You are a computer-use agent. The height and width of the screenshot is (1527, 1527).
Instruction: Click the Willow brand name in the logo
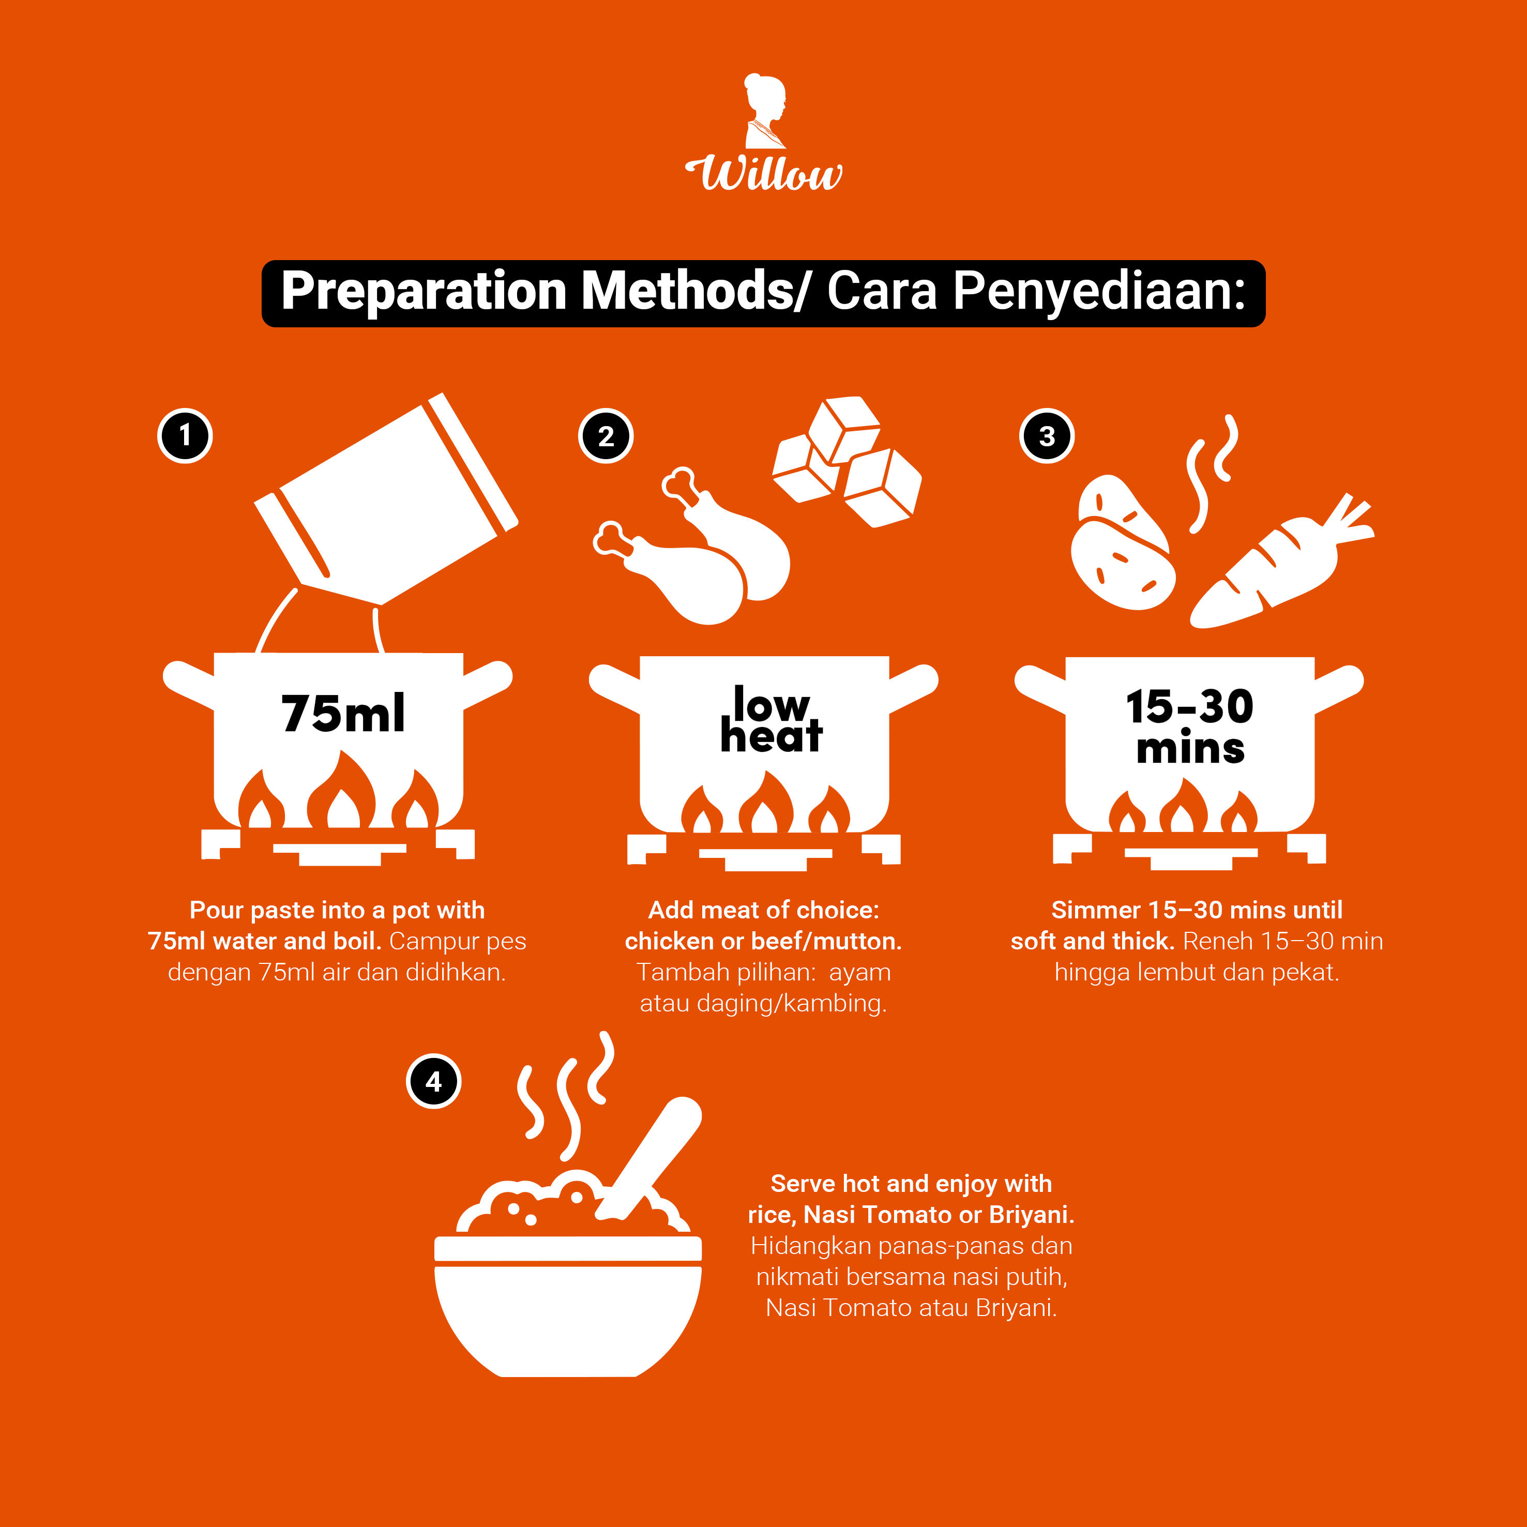point(763,173)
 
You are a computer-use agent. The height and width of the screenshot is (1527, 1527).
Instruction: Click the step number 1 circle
point(185,435)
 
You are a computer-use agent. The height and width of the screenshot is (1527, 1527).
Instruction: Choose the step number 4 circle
point(433,1081)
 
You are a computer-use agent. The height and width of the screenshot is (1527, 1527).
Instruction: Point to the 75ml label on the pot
point(343,713)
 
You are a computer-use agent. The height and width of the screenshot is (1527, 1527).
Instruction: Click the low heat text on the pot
point(772,718)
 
